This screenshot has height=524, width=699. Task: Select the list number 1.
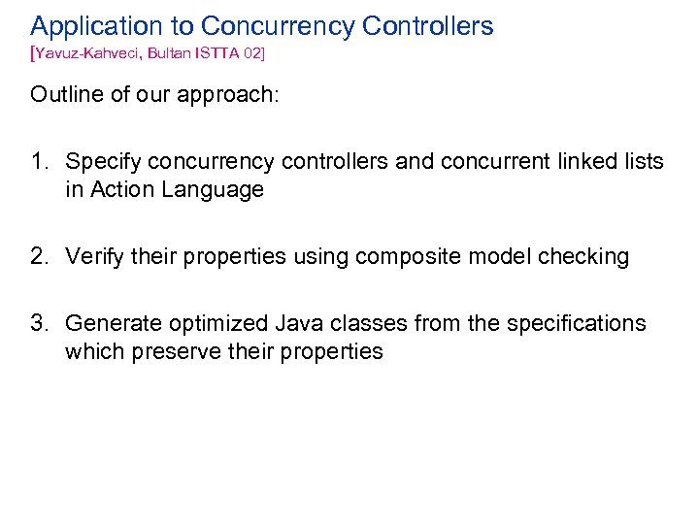pos(39,162)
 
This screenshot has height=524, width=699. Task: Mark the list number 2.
pos(39,257)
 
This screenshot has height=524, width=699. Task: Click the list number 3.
pos(39,323)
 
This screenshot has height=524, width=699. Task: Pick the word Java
pos(304,323)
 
